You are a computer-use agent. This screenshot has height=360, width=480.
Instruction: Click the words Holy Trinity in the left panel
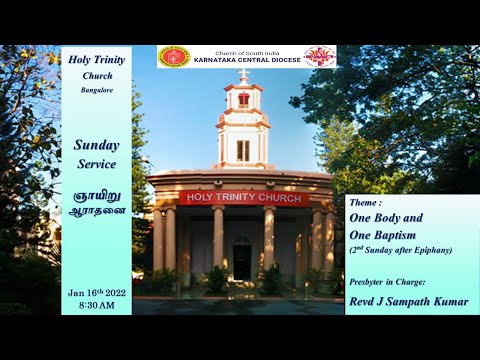click(96, 59)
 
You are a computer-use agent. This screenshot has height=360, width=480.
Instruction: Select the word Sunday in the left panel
click(96, 145)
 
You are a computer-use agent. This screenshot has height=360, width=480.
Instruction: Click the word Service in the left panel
click(96, 164)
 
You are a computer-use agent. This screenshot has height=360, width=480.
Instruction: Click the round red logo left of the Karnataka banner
click(174, 57)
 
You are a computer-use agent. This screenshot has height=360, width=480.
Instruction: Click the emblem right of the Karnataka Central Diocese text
click(319, 57)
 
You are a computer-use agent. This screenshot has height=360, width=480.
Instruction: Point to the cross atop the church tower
click(243, 74)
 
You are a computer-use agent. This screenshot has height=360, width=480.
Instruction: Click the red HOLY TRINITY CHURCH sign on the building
click(243, 197)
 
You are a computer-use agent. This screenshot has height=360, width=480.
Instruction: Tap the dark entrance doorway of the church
click(243, 261)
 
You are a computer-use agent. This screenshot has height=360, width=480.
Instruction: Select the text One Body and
click(386, 217)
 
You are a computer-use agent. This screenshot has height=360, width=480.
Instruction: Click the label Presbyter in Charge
click(392, 282)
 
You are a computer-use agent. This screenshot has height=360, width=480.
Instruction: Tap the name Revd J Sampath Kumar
click(409, 300)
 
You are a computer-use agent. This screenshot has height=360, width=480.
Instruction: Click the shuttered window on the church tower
click(243, 150)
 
